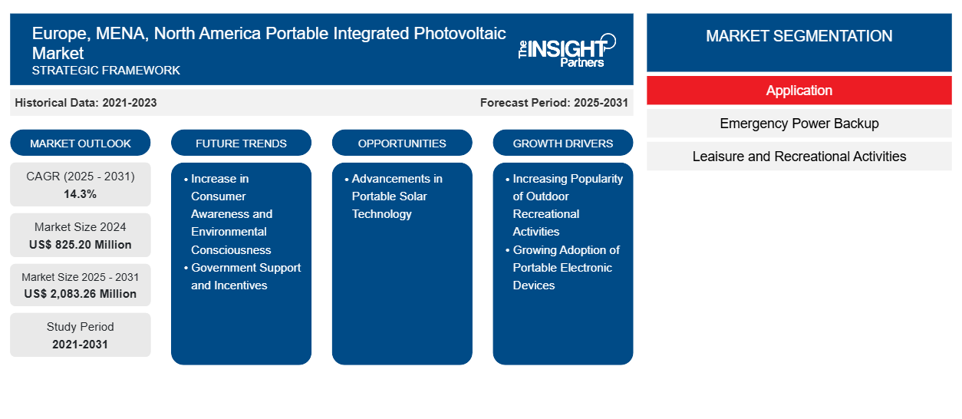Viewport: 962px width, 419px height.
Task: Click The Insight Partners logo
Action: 566,50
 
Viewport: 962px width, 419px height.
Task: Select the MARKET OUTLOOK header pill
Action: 81,144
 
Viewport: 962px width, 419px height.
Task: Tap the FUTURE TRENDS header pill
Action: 241,144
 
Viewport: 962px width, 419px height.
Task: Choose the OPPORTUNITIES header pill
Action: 402,144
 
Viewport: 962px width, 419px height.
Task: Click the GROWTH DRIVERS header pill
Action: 563,144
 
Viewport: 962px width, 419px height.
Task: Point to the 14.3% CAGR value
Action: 81,194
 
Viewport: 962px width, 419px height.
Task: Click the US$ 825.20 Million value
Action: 81,245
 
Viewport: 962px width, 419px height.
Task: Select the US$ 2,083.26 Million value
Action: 81,294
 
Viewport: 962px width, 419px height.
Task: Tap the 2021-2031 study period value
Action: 81,345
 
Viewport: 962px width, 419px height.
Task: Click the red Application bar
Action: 799,91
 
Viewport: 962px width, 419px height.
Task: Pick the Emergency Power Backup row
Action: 799,124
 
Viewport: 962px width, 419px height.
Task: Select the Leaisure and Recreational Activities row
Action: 799,157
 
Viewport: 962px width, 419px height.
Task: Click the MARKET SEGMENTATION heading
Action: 799,36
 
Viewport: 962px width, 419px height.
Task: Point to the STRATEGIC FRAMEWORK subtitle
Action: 106,71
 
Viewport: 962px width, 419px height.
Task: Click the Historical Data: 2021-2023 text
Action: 86,103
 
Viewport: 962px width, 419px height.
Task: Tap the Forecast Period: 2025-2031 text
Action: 554,103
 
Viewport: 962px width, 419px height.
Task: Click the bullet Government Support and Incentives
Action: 245,276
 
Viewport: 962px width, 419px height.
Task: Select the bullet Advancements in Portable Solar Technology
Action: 397,196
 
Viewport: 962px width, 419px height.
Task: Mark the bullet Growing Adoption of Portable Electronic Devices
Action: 566,268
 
